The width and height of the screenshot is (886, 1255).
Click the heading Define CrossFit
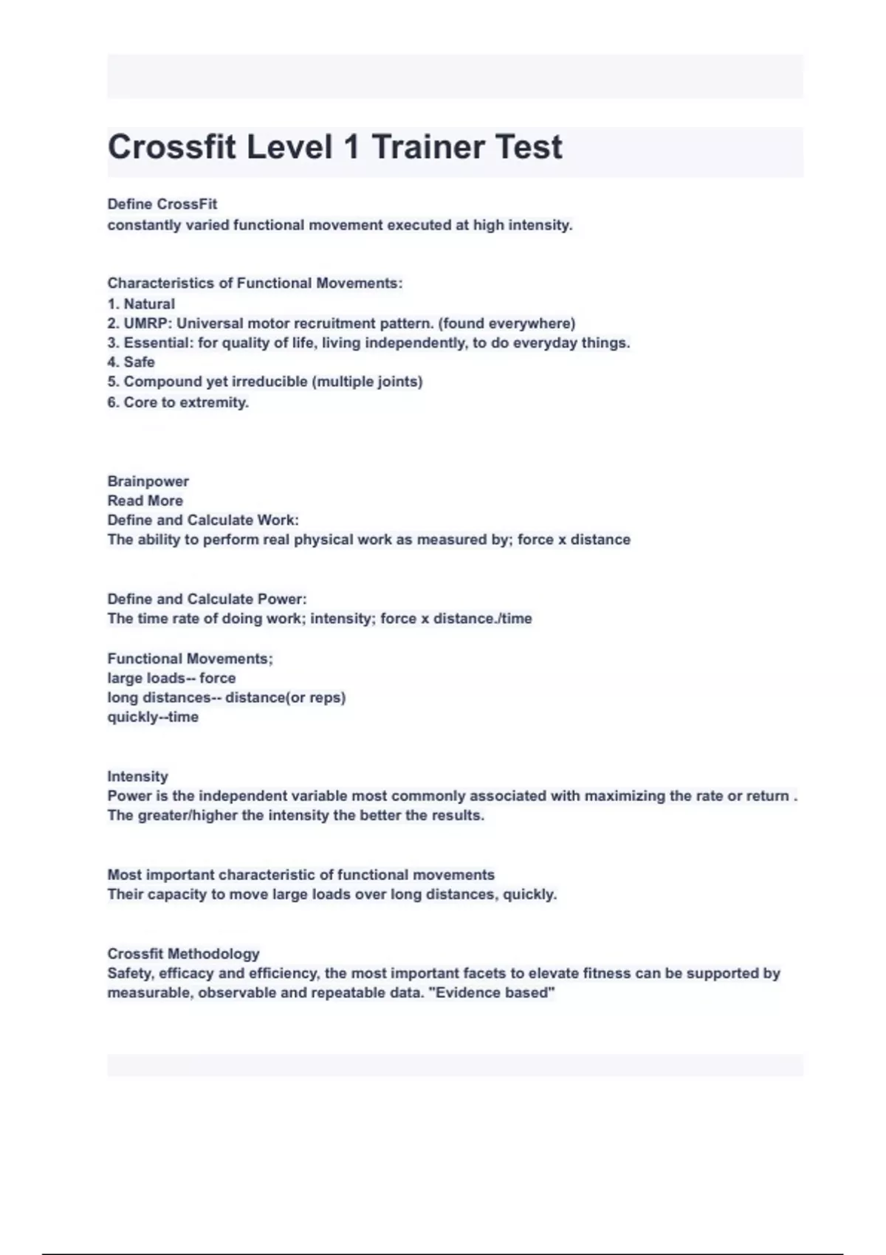tap(162, 204)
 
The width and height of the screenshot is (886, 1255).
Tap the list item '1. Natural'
tap(141, 303)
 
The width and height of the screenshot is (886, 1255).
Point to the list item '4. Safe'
tap(131, 362)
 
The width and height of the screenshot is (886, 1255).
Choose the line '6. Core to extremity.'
tap(178, 402)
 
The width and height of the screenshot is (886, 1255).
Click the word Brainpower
tap(148, 481)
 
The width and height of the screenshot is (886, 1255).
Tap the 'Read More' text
tap(145, 501)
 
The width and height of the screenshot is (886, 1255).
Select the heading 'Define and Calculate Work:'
tap(203, 520)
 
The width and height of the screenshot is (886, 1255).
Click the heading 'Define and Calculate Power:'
tap(207, 599)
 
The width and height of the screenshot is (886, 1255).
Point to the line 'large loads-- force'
tap(171, 678)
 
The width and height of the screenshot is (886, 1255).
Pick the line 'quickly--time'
tap(153, 717)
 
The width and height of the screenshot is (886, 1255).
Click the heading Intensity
tap(137, 776)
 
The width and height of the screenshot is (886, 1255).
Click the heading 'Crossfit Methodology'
tap(183, 954)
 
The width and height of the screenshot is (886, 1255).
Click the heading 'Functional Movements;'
tap(190, 659)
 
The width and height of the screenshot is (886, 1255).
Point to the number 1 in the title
tap(352, 147)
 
